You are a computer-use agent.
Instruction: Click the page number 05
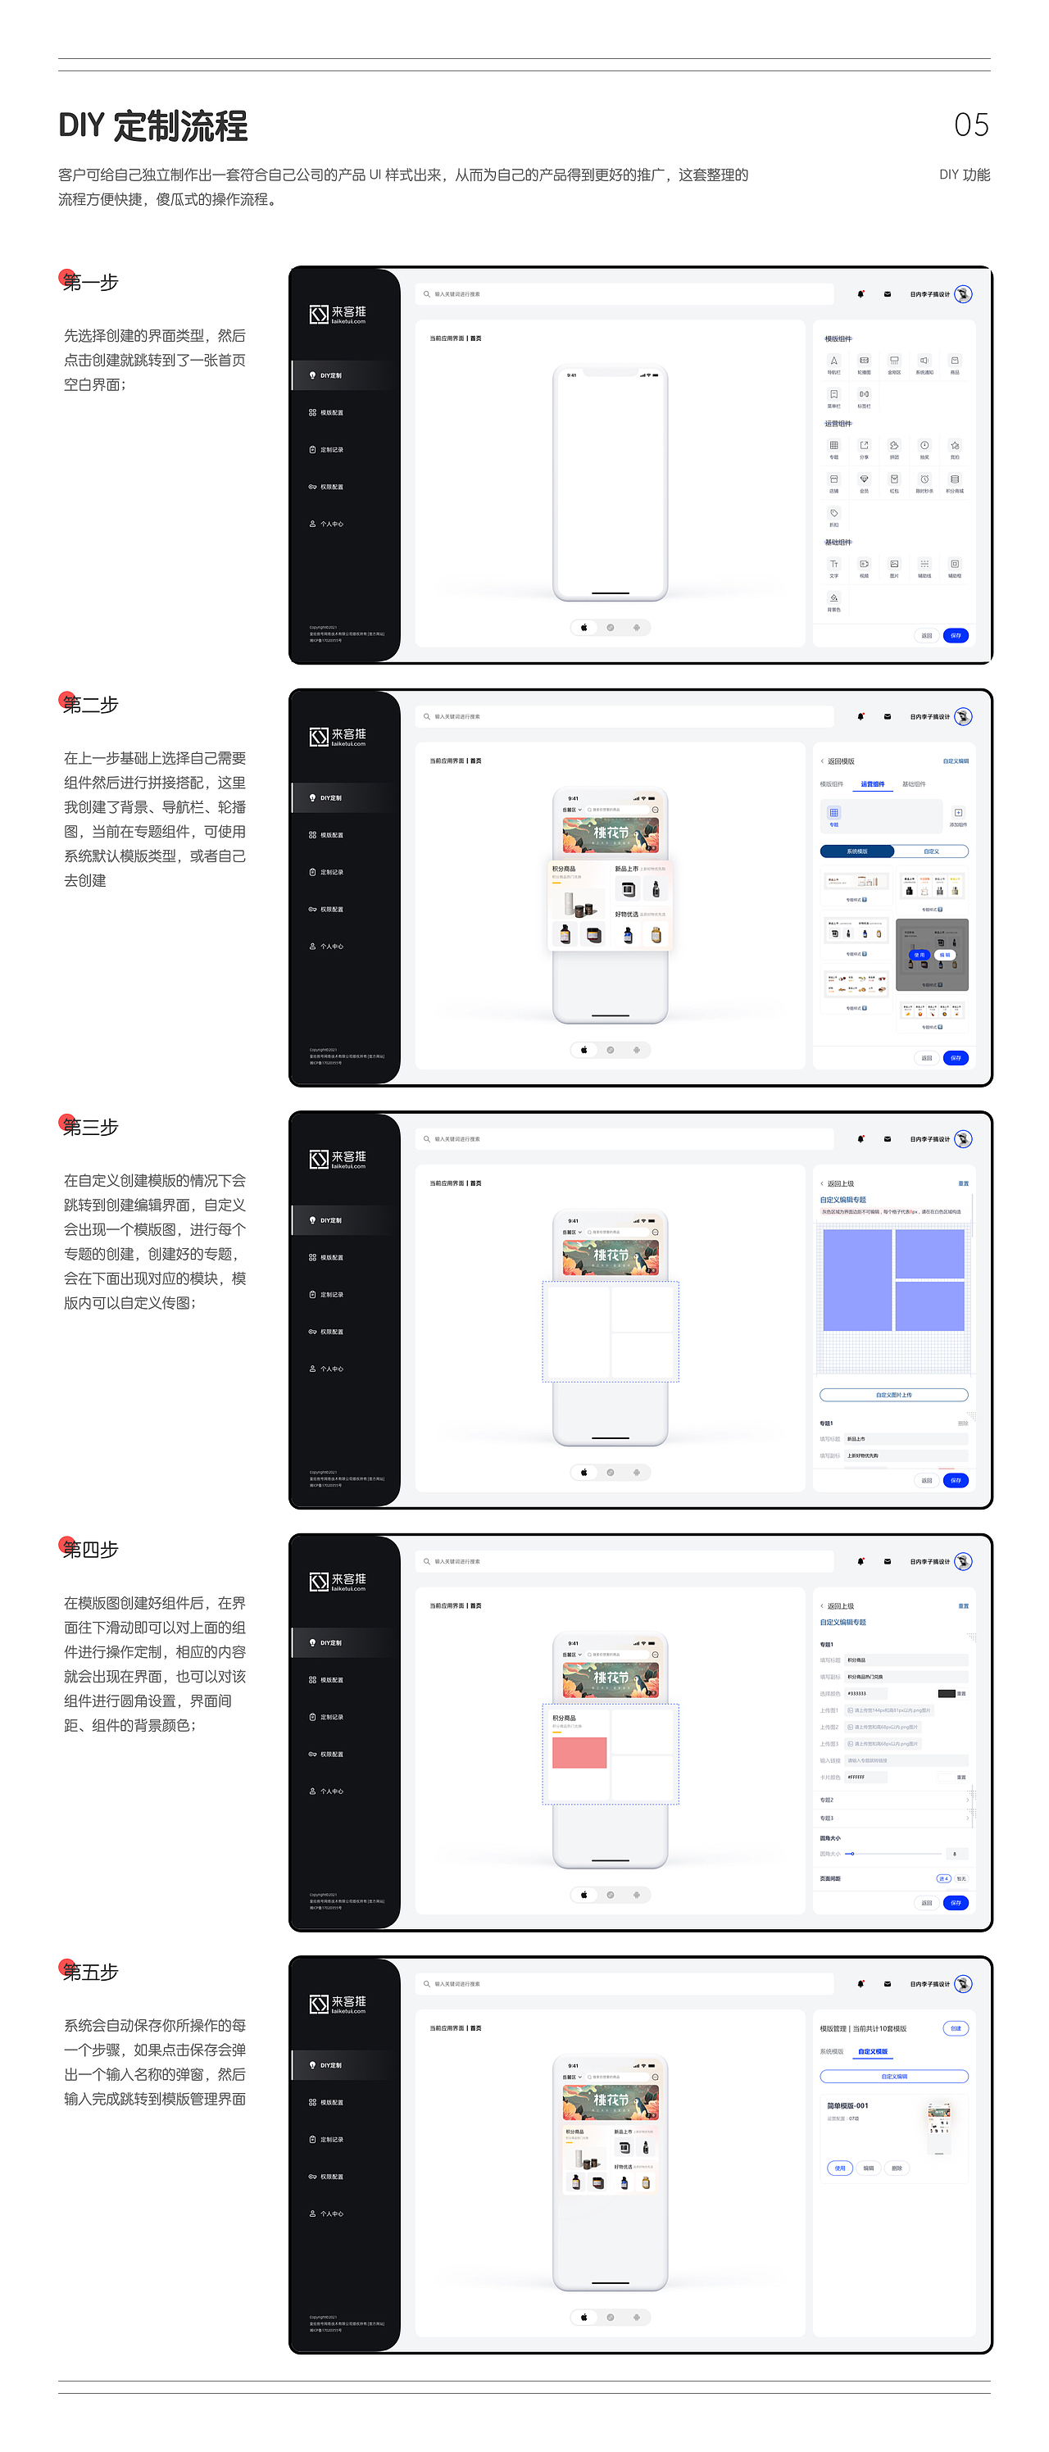click(x=971, y=125)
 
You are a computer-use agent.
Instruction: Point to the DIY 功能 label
click(x=965, y=175)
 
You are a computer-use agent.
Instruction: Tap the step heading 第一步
click(x=90, y=283)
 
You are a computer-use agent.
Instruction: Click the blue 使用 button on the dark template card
click(x=919, y=955)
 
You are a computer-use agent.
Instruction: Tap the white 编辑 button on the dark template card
click(x=944, y=955)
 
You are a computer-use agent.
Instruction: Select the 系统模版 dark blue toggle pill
click(x=856, y=851)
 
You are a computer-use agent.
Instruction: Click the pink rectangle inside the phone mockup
click(x=579, y=1752)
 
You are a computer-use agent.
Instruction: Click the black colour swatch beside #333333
click(x=947, y=1693)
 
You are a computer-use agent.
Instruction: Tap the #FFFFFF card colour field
click(x=866, y=1778)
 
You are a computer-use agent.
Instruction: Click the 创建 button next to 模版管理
click(x=956, y=2027)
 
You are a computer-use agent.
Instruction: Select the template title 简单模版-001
click(x=847, y=2105)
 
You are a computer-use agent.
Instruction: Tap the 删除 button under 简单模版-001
click(x=897, y=2168)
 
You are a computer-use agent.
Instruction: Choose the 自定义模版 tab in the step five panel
click(x=872, y=2051)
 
